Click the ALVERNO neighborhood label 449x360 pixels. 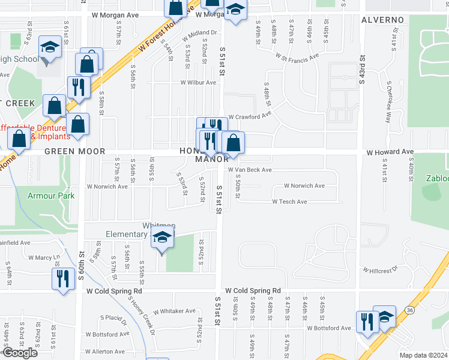[382, 20]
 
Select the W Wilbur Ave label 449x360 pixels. [199, 83]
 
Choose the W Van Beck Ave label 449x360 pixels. [249, 170]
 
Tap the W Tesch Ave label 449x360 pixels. [289, 202]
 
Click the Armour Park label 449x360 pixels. [50, 196]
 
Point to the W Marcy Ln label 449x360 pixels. [45, 257]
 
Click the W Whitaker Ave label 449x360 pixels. [174, 311]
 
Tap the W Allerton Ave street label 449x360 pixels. [105, 352]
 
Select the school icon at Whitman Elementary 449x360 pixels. [161, 238]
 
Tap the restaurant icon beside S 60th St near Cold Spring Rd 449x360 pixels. [61, 278]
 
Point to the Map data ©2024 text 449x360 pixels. [423, 355]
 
